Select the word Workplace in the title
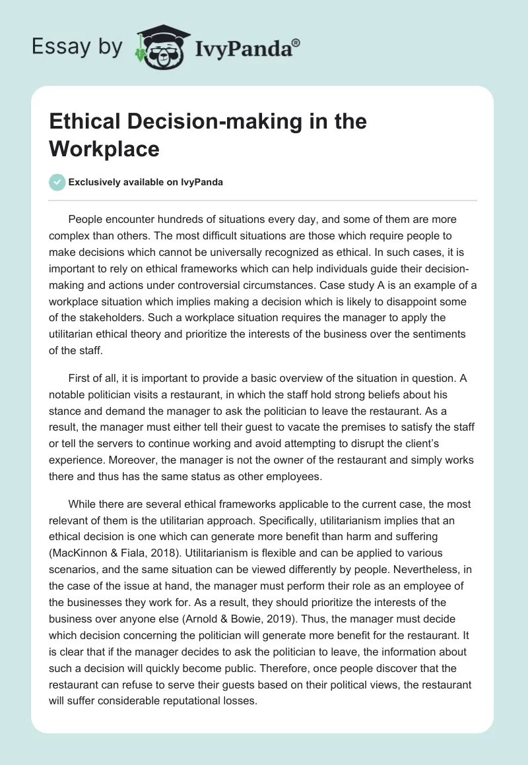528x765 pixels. [104, 148]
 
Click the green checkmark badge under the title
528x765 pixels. [57, 183]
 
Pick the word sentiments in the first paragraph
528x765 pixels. [432, 334]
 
